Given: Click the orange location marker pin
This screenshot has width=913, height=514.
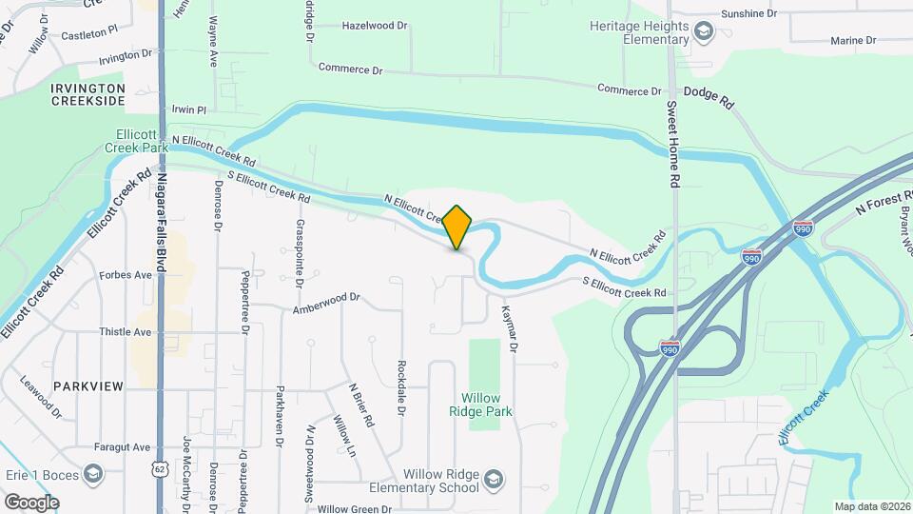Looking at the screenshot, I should tap(457, 227).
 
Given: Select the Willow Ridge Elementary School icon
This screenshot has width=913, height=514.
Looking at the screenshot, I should tap(494, 478).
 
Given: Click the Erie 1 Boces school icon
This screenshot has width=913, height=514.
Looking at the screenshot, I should tap(93, 473).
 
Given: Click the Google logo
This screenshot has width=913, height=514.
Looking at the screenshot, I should tap(31, 502).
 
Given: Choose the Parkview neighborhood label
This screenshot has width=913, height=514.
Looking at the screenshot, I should tap(88, 386).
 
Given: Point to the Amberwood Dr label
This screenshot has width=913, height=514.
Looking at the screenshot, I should tap(326, 303).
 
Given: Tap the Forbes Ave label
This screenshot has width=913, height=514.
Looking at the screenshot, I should tap(126, 276).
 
